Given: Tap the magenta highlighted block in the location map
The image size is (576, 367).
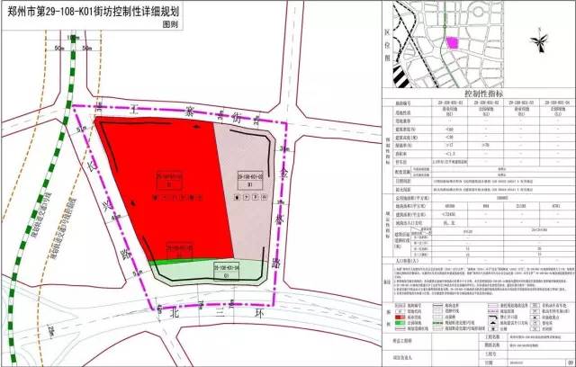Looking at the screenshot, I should pos(454,42).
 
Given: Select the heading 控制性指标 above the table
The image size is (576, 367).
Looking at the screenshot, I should pos(478,93).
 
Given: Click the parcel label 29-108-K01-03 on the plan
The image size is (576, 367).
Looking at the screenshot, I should pos(248,177).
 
